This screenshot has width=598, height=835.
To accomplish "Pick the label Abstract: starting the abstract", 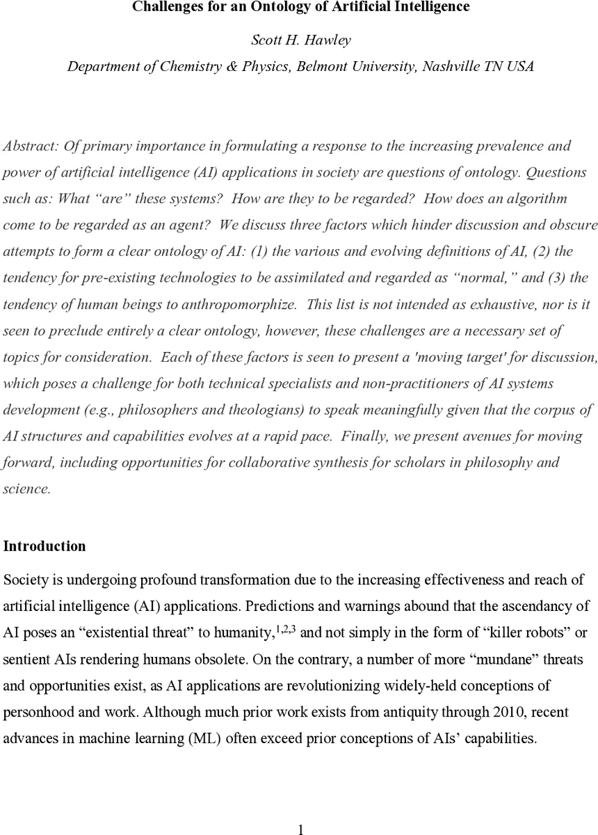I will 31,146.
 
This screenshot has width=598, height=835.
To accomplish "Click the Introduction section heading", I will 45,546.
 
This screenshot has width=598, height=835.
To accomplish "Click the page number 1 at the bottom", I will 300,829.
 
